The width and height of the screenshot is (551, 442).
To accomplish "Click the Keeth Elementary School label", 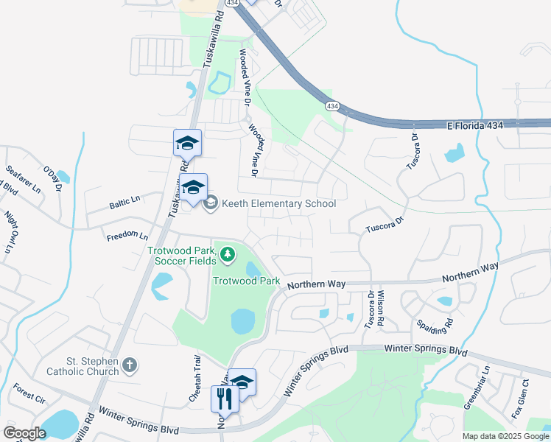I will (x=277, y=204).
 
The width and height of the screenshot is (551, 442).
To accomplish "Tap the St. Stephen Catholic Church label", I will (x=82, y=366).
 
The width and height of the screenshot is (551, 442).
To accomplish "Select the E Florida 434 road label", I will (x=475, y=126).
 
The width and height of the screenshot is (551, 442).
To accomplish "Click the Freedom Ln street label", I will (x=127, y=237).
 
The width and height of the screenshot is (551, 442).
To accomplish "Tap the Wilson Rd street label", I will (x=381, y=308).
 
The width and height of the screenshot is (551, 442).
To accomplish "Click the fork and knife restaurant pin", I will (x=225, y=399).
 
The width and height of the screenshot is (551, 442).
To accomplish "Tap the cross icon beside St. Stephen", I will (x=130, y=365).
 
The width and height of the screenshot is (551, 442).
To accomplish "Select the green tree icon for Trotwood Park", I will (x=228, y=255).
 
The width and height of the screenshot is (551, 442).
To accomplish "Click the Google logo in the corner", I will (x=24, y=433).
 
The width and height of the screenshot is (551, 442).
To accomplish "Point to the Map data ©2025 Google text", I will (x=505, y=436).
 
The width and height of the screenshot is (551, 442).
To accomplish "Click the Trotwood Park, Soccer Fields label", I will (x=181, y=255).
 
